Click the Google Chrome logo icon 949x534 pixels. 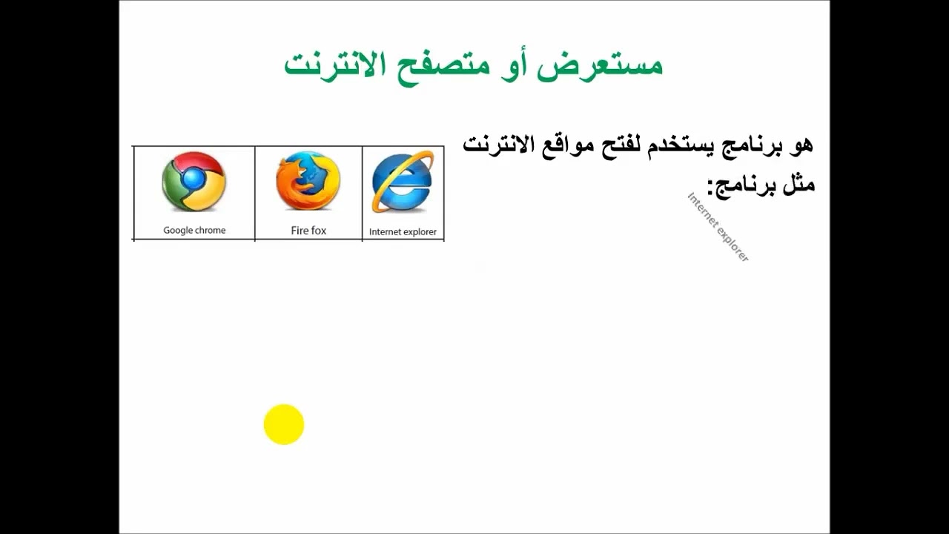(x=194, y=182)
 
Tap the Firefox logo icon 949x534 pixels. (x=308, y=182)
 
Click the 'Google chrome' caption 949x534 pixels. (x=194, y=230)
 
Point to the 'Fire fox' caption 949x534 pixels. (x=308, y=231)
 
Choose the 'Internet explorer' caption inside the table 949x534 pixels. (x=403, y=231)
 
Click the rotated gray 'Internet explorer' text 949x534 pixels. (x=718, y=227)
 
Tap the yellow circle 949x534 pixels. (x=284, y=424)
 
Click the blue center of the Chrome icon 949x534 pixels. (x=194, y=179)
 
